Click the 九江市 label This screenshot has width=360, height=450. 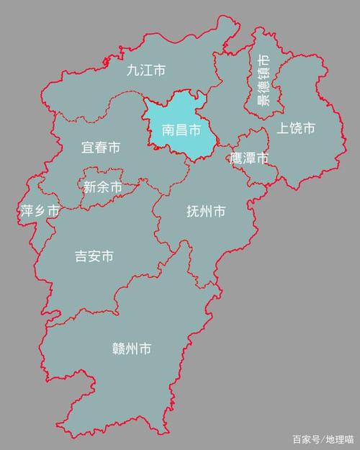click(146, 71)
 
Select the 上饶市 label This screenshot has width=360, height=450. click(296, 129)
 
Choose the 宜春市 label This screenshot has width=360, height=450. click(100, 148)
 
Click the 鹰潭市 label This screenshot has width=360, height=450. click(249, 158)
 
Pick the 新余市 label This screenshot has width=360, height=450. click(103, 186)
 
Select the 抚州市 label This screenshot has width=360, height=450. click(206, 212)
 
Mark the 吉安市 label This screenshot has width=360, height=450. click(94, 256)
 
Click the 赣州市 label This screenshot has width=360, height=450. click(132, 349)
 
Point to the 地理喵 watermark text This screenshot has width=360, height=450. click(338, 438)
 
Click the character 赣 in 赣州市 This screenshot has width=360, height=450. click(119, 349)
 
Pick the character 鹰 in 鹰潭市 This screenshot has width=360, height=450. click(237, 158)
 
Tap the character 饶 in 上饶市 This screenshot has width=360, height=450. click(296, 129)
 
